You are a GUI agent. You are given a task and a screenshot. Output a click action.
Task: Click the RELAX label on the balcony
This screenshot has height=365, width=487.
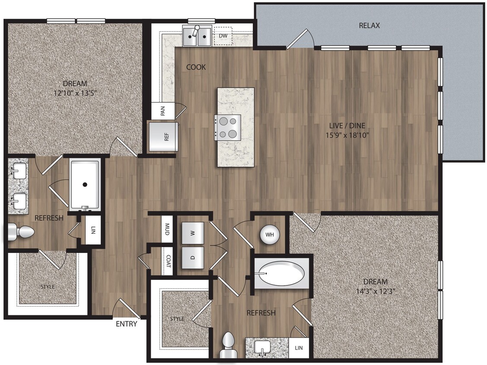click(369, 26)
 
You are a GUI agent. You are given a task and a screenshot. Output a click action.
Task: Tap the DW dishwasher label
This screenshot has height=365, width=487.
click(223, 36)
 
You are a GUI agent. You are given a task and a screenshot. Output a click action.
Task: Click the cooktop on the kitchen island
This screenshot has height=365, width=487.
click(228, 128)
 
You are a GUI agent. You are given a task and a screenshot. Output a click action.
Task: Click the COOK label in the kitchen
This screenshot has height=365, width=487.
click(196, 67)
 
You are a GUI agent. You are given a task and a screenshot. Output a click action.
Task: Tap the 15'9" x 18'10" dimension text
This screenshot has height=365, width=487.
click(347, 134)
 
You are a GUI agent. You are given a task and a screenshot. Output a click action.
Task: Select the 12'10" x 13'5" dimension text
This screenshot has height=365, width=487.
click(75, 92)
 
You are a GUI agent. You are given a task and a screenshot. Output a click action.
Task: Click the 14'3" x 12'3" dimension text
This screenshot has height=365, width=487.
click(375, 291)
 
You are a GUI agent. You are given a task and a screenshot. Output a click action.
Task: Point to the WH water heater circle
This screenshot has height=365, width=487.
click(270, 235)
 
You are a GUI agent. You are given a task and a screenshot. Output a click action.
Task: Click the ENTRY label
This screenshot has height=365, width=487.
click(127, 323)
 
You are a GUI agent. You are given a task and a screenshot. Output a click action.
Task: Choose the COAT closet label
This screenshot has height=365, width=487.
click(168, 261)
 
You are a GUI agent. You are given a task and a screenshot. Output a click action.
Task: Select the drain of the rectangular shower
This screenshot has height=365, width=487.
click(85, 185)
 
